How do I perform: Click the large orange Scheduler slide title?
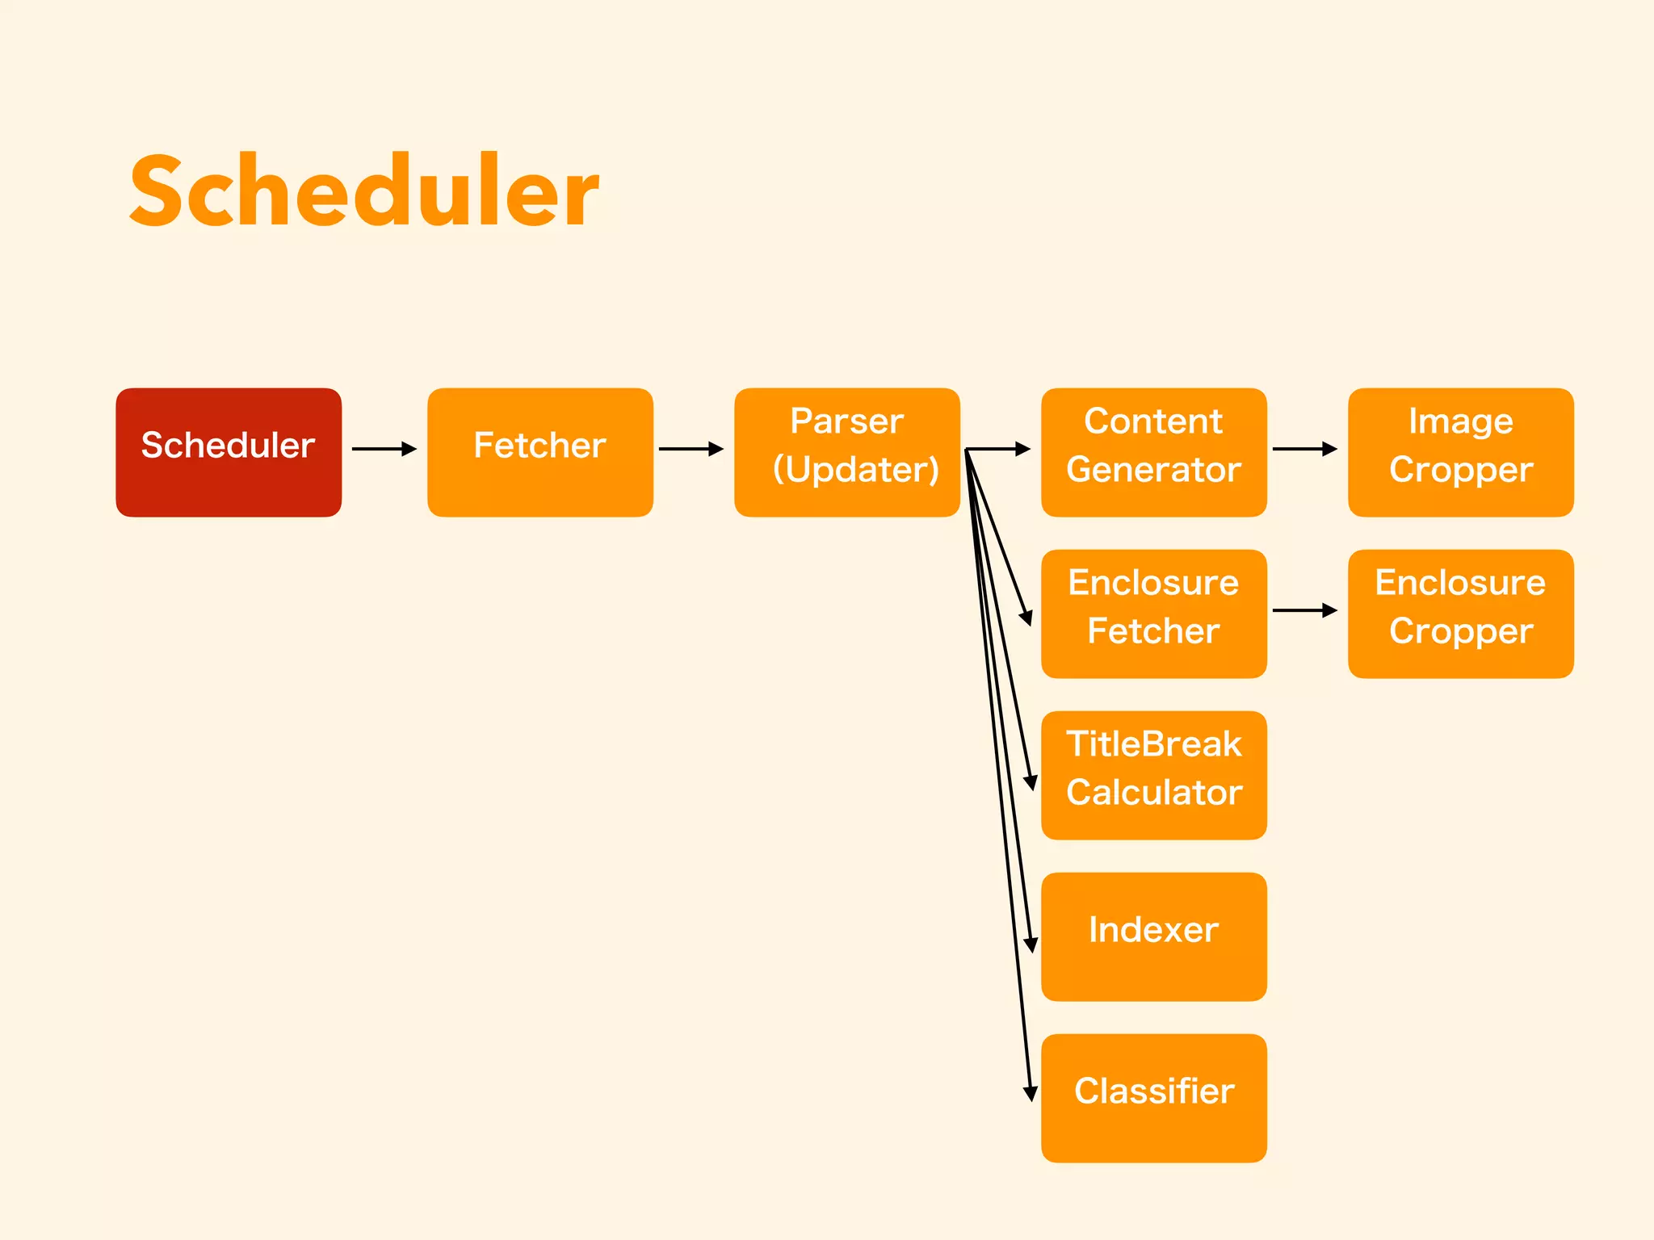point(363,192)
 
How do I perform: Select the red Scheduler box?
point(229,452)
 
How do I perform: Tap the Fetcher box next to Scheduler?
point(539,452)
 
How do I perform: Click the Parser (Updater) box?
point(846,452)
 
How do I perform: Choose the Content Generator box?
point(1153,452)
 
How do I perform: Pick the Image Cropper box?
point(1460,452)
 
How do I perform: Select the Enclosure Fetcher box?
point(1153,614)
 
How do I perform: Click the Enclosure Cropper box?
point(1460,614)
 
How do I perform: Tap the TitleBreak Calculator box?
point(1153,775)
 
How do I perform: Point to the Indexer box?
point(1153,936)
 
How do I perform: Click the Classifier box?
point(1153,1098)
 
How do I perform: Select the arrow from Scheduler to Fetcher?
point(384,449)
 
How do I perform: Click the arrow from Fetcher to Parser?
point(691,449)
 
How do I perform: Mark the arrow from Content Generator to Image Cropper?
point(1305,449)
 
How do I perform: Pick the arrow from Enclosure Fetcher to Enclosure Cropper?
point(1305,610)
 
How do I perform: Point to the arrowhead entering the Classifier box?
point(1030,1093)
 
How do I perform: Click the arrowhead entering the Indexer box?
point(1031,944)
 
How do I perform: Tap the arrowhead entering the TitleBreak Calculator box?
point(1031,781)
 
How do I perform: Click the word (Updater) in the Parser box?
point(856,470)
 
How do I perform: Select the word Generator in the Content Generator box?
point(1153,470)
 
